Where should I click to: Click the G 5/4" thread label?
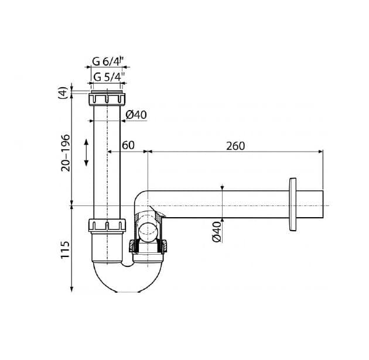pos(109,77)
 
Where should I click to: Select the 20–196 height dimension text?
pos(66,153)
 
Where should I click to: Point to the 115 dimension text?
pos(66,250)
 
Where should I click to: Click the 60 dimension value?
pos(128,145)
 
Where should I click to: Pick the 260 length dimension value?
pos(235,146)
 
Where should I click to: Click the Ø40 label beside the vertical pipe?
pos(136,115)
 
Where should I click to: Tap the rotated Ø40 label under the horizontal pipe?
pos(217,232)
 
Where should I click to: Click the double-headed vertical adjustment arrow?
pos(86,153)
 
